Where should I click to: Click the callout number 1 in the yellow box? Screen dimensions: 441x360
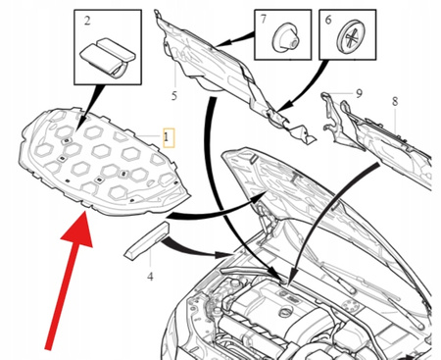[x=167, y=137]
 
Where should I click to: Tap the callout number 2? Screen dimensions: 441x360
[x=87, y=21]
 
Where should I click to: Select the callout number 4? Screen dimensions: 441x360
[x=150, y=277]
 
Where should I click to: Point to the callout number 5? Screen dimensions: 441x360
[x=174, y=96]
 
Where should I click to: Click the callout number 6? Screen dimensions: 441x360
[x=328, y=20]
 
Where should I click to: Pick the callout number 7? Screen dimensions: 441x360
[x=264, y=20]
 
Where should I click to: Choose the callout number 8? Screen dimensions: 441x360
[x=395, y=102]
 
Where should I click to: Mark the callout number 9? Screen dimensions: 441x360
[x=359, y=93]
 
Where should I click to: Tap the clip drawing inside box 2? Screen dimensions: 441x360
[x=108, y=57]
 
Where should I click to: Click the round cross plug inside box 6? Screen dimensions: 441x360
[x=351, y=36]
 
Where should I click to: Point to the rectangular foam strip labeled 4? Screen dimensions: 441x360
[x=147, y=240]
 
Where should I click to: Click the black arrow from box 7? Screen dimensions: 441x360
[x=234, y=39]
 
